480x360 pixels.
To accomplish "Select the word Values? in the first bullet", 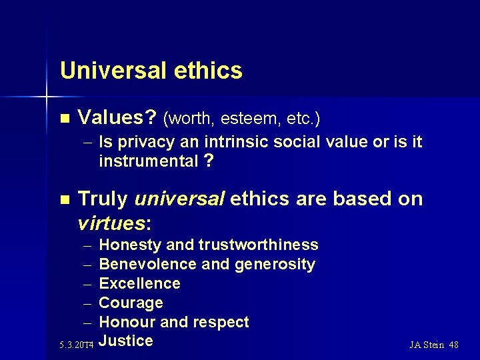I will [117, 119].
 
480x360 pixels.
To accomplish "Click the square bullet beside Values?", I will [64, 119].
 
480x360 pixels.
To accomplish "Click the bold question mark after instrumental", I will [209, 161].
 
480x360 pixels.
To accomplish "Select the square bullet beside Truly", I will [64, 199].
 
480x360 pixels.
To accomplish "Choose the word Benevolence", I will [147, 264].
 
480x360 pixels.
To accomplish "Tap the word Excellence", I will [139, 283].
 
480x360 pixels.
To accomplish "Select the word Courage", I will [131, 303].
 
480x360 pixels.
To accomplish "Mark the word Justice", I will [126, 341].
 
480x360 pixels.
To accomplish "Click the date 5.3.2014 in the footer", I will [75, 345].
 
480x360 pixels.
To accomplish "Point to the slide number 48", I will [453, 345].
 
